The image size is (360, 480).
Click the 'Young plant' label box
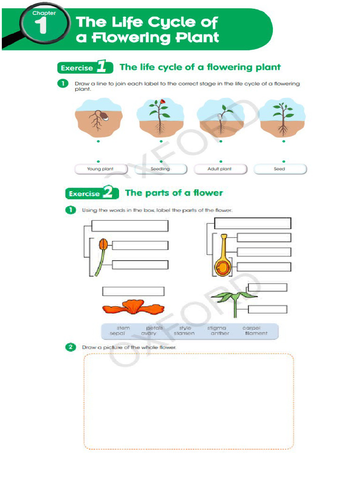pos(100,169)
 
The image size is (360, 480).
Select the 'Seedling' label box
pos(160,169)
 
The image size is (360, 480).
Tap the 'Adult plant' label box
pos(219,169)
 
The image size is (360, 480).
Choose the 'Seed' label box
pos(279,169)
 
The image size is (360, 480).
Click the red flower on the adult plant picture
pos(162,101)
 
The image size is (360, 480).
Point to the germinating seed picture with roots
pos(99,119)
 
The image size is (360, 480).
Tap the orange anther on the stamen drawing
pos(103,244)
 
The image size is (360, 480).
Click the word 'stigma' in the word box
pos(217,328)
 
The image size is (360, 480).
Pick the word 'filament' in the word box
pos(256,334)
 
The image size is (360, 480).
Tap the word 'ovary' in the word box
pos(149,334)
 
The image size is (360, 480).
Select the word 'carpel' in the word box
pos(252,328)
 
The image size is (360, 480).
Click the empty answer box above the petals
pos(133,292)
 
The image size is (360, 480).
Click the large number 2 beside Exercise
pos(108,193)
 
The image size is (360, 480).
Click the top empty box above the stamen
pos(130,226)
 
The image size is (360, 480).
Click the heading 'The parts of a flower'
pos(174,193)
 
